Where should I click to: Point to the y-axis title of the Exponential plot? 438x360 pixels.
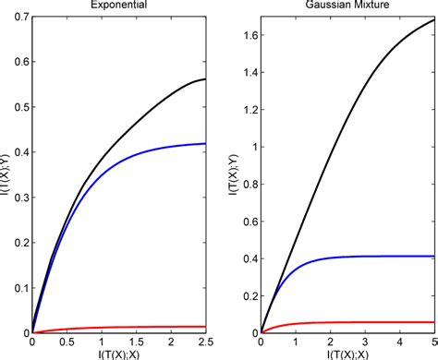7,174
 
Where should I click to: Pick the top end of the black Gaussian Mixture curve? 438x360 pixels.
435,19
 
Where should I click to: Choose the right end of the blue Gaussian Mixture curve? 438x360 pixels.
435,256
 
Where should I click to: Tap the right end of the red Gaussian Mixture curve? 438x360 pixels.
435,322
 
